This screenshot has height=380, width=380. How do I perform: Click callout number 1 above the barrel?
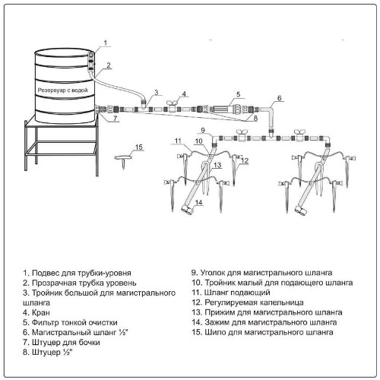(106, 43)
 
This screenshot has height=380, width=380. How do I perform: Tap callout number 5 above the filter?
(238, 94)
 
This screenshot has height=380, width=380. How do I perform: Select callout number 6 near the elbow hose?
(279, 98)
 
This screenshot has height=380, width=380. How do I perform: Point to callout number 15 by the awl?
(139, 147)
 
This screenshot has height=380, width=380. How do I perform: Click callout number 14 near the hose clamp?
(199, 202)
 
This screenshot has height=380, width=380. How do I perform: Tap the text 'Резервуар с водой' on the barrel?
(62, 90)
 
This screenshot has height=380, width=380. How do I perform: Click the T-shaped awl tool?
(124, 161)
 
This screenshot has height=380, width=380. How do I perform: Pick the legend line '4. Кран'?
(36, 312)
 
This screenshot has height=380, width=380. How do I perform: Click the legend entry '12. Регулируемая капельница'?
(248, 302)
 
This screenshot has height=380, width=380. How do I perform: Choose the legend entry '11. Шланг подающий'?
(231, 293)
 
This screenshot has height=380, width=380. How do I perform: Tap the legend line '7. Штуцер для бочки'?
(62, 343)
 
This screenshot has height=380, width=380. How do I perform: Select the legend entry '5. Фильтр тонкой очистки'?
(70, 322)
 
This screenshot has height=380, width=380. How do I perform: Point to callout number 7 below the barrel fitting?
(116, 119)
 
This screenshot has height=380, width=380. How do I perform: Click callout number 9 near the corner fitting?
(203, 131)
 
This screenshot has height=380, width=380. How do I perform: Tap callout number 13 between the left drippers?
(217, 165)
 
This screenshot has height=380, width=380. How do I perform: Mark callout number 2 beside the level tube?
(109, 65)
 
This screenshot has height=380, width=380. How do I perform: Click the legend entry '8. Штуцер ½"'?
(47, 353)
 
